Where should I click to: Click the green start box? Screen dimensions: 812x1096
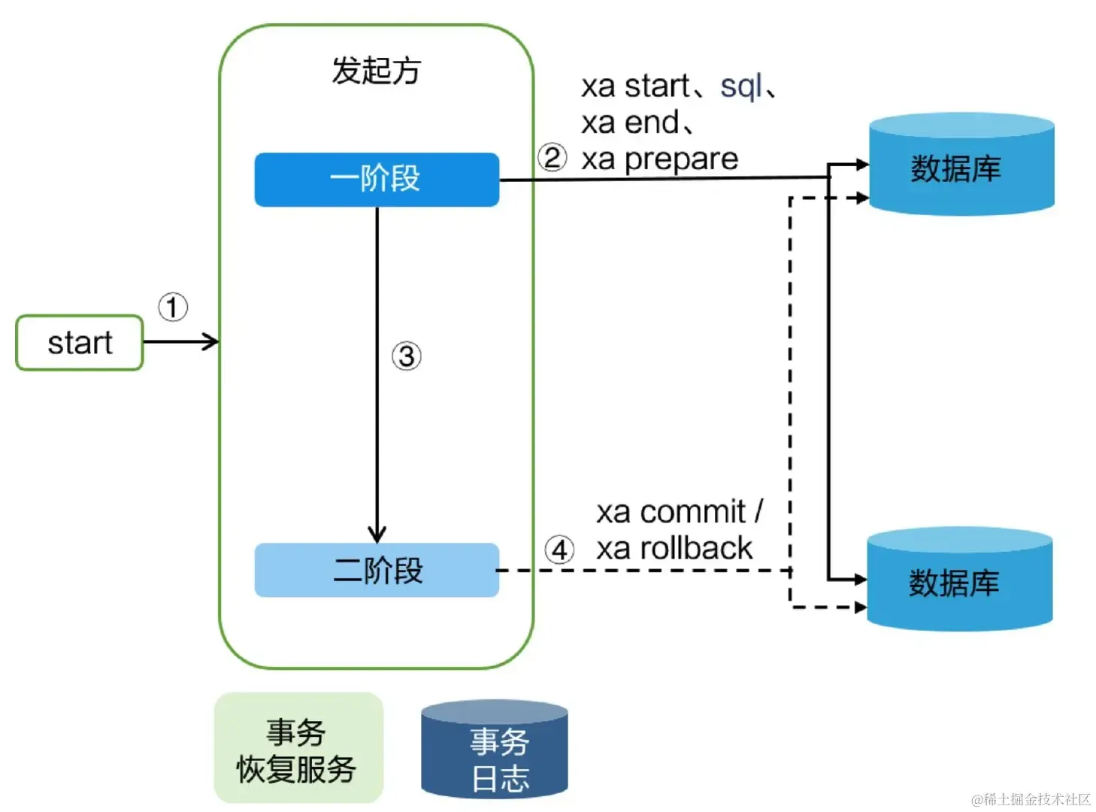click(80, 343)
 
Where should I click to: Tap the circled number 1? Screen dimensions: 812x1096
click(173, 307)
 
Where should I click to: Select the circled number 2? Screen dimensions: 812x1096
click(553, 158)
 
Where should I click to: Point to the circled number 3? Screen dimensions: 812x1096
click(407, 356)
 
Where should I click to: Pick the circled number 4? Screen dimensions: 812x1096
click(559, 550)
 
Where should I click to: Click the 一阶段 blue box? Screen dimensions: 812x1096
click(377, 180)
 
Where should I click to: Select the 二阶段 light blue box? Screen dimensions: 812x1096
click(377, 571)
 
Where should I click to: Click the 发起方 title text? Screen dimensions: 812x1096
click(376, 71)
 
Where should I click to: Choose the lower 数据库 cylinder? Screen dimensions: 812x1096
click(959, 580)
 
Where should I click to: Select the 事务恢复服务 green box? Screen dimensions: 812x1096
click(298, 749)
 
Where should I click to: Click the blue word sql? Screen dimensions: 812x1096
click(740, 86)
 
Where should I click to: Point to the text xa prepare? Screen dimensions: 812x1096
click(660, 159)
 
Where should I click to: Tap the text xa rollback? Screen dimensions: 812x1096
click(674, 549)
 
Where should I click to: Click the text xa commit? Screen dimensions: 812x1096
click(671, 512)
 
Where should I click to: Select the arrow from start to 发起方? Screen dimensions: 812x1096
click(180, 342)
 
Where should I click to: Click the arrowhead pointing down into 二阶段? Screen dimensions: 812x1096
click(377, 535)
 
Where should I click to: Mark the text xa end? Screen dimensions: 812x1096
click(631, 123)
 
